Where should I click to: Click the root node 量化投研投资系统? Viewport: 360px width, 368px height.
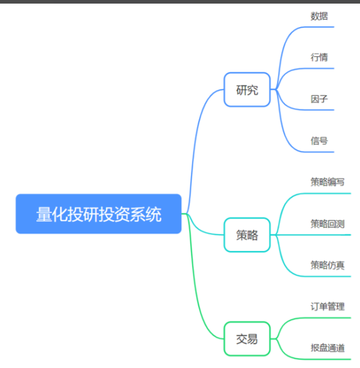(x=99, y=213)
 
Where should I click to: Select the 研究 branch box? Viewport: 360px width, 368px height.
(x=247, y=90)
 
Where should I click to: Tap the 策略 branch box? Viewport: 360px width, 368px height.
(x=247, y=235)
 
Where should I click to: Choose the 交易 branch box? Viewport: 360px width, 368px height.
(x=247, y=339)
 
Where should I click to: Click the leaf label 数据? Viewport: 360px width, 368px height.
(x=319, y=16)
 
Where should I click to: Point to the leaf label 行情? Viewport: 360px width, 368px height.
(x=319, y=57)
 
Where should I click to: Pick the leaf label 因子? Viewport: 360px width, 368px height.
(x=319, y=99)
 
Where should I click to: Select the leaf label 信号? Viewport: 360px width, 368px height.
(x=319, y=140)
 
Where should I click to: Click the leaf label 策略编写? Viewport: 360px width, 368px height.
(x=327, y=182)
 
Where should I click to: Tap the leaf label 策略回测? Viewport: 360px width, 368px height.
(x=327, y=223)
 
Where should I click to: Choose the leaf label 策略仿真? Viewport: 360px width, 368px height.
(x=327, y=265)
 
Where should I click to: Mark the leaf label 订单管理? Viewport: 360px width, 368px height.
(x=327, y=306)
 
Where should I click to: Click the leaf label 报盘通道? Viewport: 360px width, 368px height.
(x=327, y=348)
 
